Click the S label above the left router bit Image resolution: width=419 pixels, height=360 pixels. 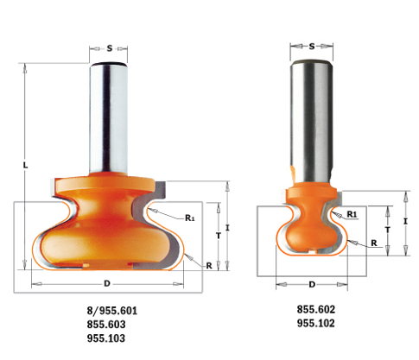click(109, 48)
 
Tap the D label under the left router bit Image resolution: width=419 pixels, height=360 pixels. click(107, 282)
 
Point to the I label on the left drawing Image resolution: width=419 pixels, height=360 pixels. click(227, 226)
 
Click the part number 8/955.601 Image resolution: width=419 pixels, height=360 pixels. click(107, 310)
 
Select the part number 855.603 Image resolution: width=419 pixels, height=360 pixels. click(107, 324)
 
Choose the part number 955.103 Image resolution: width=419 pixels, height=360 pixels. click(107, 338)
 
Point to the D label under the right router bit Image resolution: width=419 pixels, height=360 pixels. click(311, 283)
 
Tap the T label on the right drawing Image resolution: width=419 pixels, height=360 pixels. click(390, 230)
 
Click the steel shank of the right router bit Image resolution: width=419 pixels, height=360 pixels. click(311, 112)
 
